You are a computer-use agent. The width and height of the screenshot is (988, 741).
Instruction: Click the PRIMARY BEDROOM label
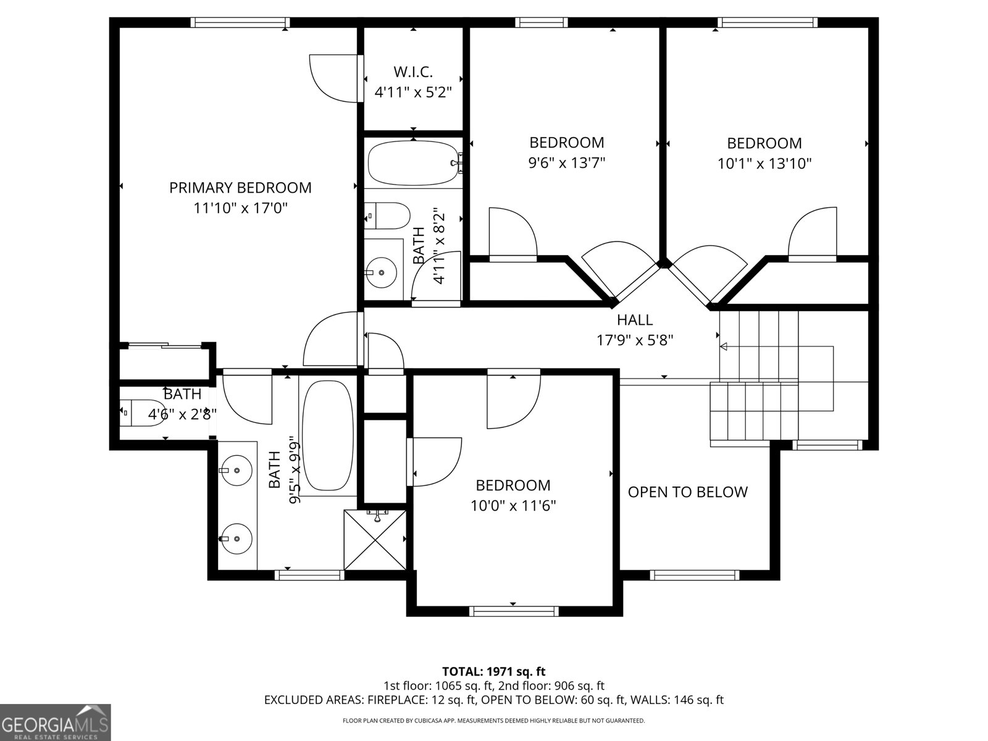[240, 188]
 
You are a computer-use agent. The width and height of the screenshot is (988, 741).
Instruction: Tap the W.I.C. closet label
[413, 72]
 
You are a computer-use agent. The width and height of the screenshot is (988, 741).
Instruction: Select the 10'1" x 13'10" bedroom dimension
[764, 163]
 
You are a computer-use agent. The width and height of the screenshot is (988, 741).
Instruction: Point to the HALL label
[635, 320]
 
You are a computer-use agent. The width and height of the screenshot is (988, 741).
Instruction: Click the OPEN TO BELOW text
[688, 492]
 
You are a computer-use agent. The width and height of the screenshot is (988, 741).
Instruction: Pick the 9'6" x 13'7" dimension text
[567, 162]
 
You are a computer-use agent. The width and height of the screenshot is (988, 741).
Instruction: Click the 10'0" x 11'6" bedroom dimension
[513, 506]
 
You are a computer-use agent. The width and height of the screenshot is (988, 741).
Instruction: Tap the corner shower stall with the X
[375, 540]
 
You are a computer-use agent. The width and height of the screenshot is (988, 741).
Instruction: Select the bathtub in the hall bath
[413, 163]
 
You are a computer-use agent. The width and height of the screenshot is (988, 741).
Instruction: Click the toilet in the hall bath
[388, 216]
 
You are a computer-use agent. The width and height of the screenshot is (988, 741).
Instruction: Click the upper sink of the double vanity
[236, 470]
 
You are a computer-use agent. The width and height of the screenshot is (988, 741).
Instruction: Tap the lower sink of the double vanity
[236, 539]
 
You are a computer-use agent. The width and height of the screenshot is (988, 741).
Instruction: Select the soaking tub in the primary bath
[328, 436]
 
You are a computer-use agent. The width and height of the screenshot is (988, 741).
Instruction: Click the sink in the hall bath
[381, 273]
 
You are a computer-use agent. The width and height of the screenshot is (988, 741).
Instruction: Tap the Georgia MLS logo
[55, 722]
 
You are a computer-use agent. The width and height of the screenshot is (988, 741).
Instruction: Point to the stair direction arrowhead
[723, 346]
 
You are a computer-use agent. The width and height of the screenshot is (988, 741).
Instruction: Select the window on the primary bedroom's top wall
[240, 22]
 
